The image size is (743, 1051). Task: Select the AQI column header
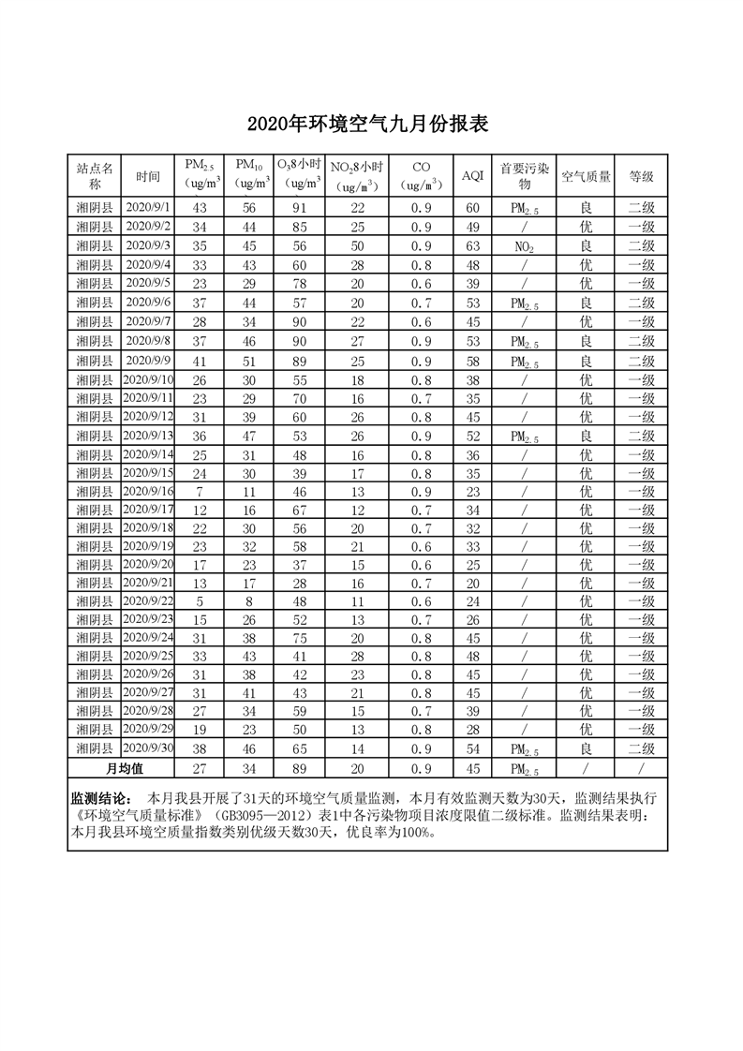tap(472, 175)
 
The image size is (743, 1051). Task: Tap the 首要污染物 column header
tap(524, 175)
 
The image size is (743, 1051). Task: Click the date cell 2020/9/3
tap(148, 245)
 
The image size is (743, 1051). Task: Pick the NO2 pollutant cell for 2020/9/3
tap(524, 246)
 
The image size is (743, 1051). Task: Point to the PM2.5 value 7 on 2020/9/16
tap(199, 491)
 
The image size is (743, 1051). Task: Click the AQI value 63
tap(472, 245)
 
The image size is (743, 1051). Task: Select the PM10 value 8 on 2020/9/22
tap(249, 600)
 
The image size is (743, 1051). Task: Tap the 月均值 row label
tap(123, 768)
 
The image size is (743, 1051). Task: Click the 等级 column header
tap(641, 175)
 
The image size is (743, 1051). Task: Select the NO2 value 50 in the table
tap(357, 245)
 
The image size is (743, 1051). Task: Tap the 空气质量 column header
tap(586, 175)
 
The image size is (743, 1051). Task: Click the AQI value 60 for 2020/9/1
tap(472, 208)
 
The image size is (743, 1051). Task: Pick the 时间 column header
tap(148, 175)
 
